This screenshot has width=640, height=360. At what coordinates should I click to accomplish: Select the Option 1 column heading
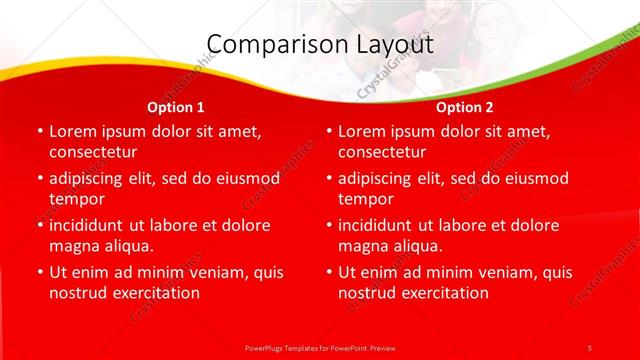176,106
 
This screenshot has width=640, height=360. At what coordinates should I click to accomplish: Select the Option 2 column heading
465,106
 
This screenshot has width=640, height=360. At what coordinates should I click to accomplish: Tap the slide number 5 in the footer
589,347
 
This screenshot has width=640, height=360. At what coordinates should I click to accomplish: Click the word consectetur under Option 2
382,152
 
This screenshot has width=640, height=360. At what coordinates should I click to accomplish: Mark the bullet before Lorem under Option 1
39,131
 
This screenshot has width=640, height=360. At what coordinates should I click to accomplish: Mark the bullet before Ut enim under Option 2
329,272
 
